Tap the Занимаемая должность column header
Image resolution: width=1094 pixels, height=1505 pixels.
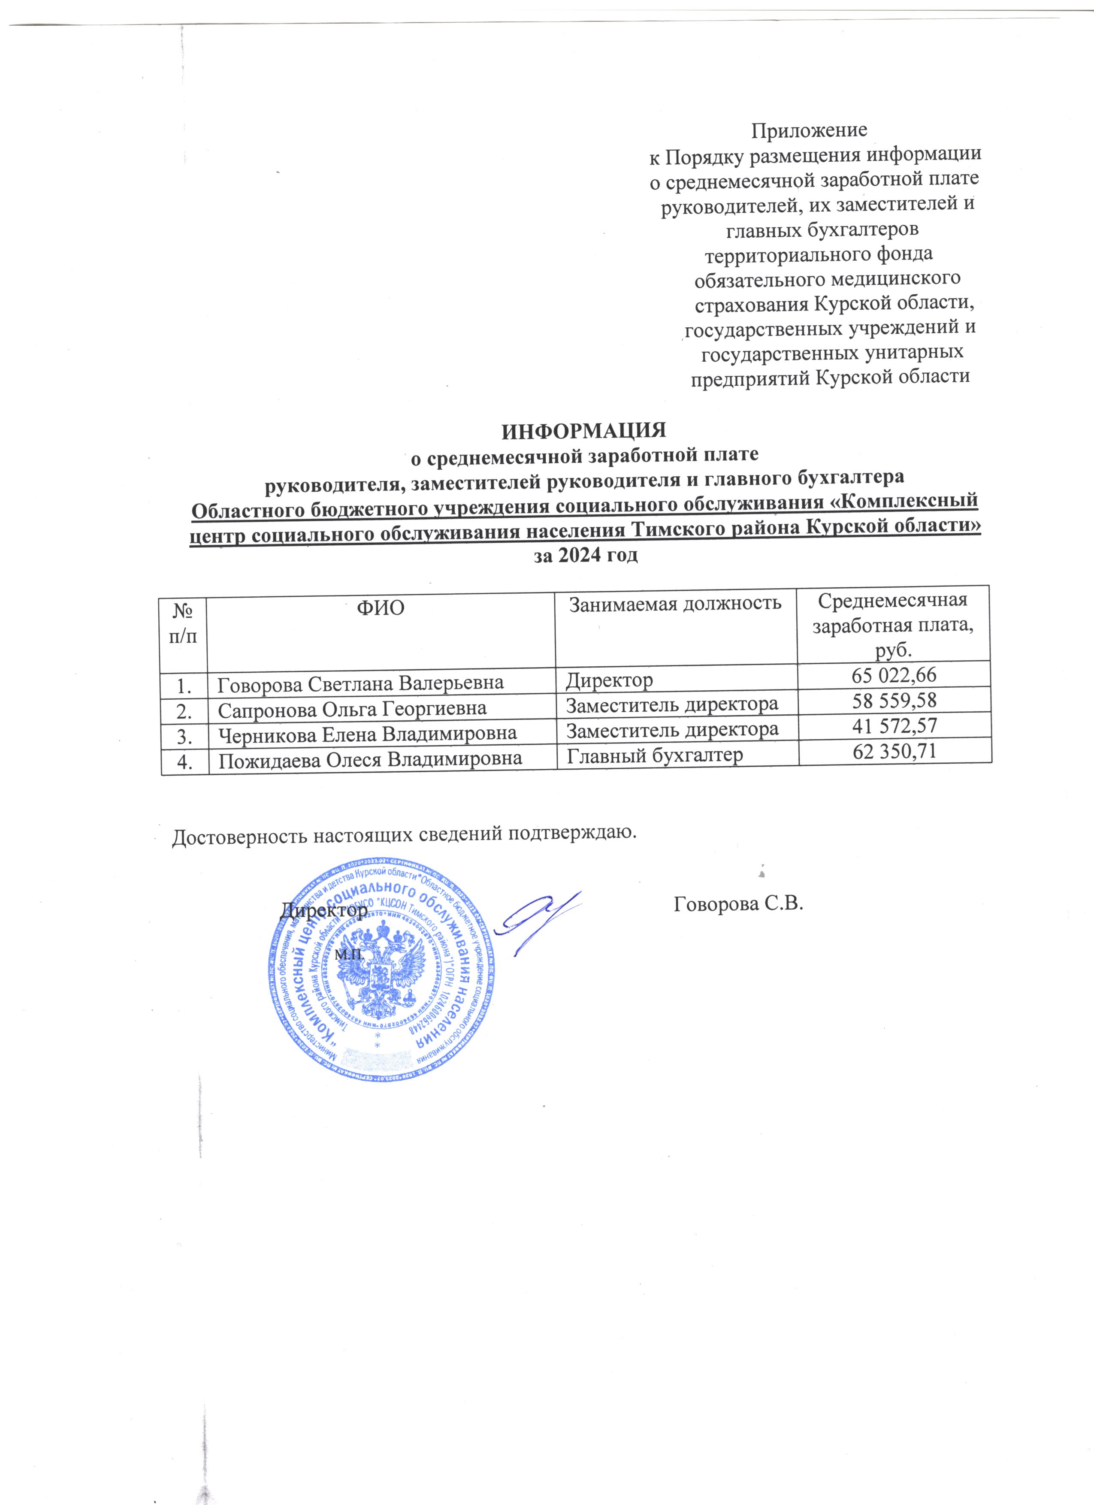[675, 603]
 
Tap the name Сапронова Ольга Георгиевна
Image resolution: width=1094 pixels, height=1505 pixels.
[352, 708]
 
